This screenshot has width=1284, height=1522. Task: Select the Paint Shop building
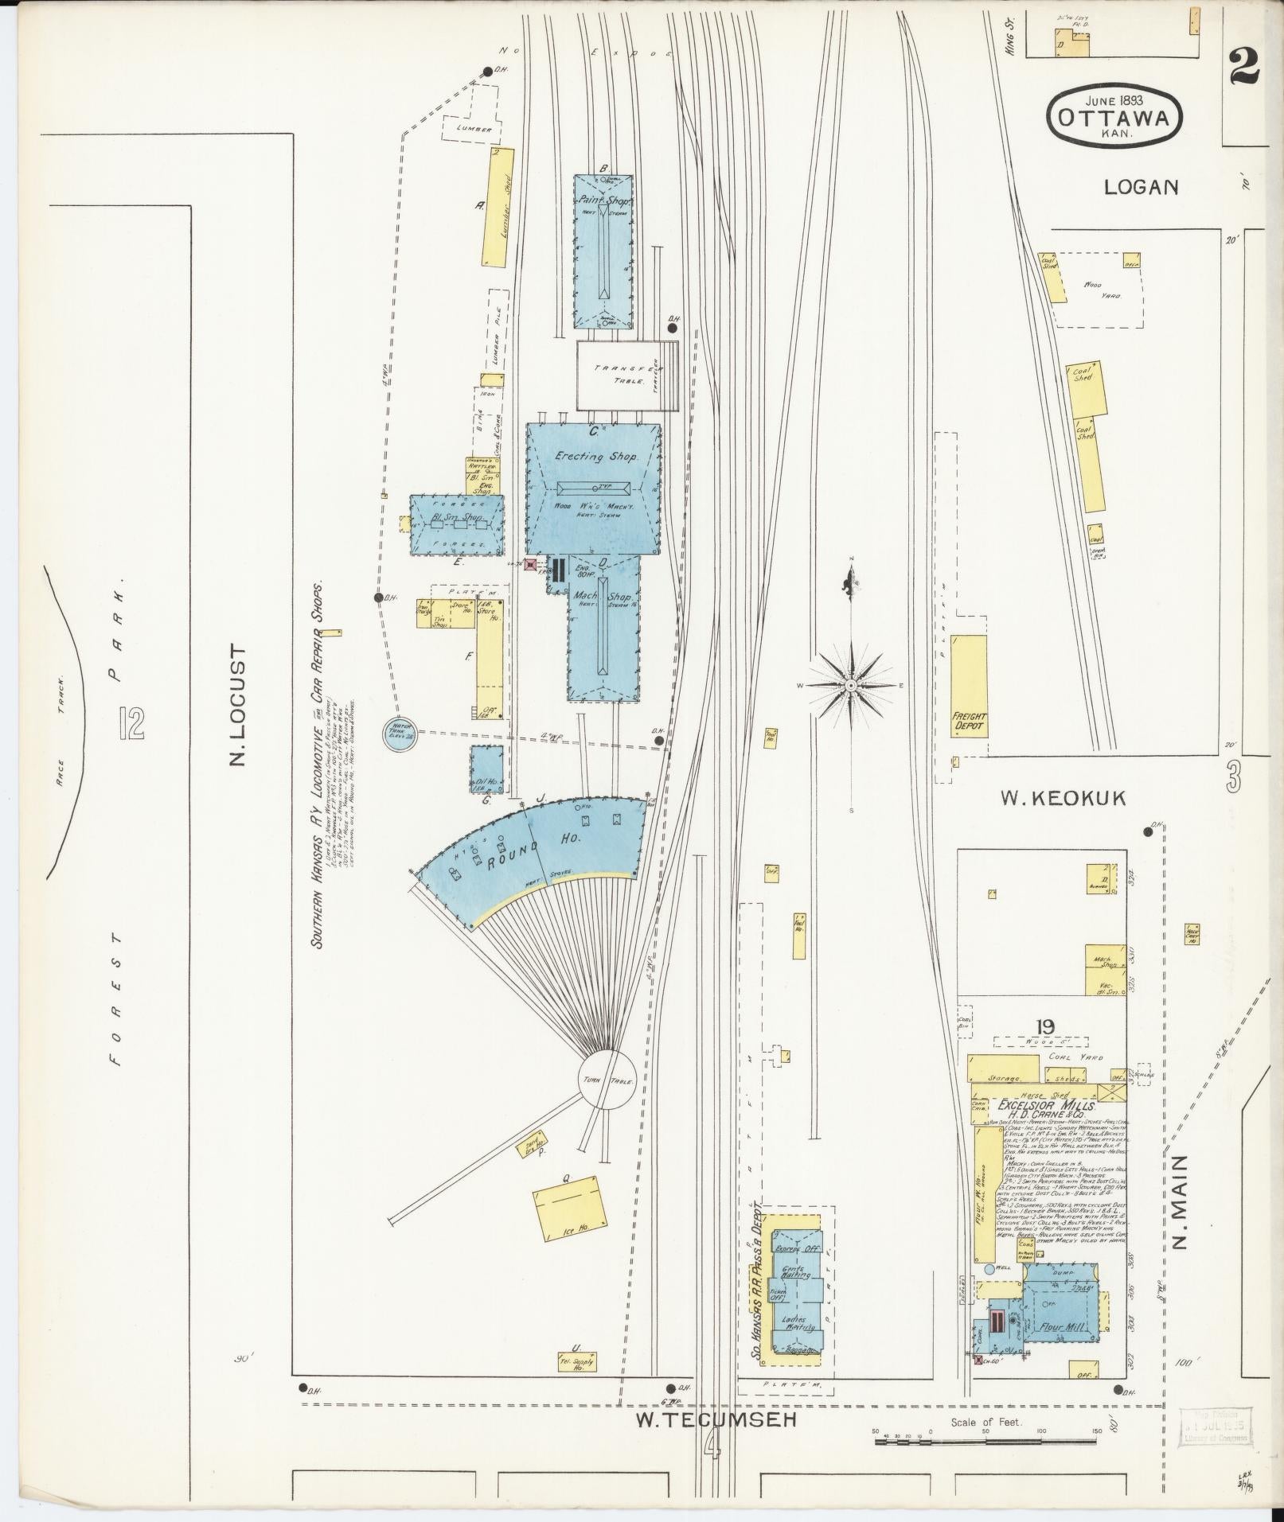tap(603, 251)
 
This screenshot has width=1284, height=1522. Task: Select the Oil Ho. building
tap(486, 769)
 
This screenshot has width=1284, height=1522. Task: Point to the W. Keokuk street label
tap(1063, 798)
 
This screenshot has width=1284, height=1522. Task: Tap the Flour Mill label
tap(1059, 1327)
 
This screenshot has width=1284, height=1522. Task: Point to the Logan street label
tap(1140, 187)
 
